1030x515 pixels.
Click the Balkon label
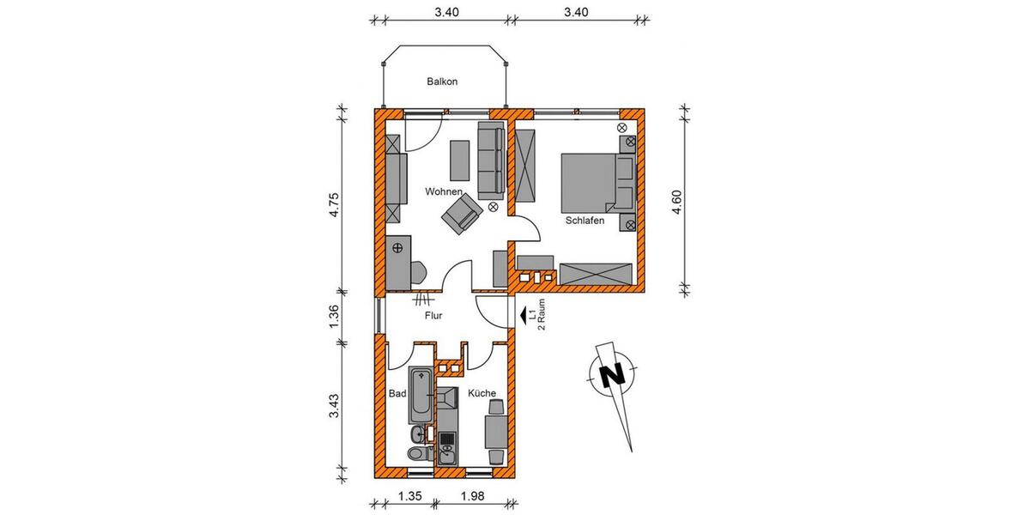pos(442,82)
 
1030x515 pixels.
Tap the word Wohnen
pos(445,191)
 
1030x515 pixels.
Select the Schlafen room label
pos(585,221)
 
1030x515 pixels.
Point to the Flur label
pos(433,316)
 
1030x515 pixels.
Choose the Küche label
pos(482,394)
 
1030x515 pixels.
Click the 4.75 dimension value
pos(336,208)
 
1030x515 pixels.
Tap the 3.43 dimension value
pos(336,407)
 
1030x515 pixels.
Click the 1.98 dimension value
pos(473,495)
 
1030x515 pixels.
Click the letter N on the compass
pos(610,375)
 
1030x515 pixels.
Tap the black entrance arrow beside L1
pos(524,316)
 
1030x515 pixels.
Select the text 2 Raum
pos(542,316)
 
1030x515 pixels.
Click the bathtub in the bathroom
pos(421,394)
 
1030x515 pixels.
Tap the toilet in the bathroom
pos(415,453)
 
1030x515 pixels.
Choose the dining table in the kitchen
pos(495,431)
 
